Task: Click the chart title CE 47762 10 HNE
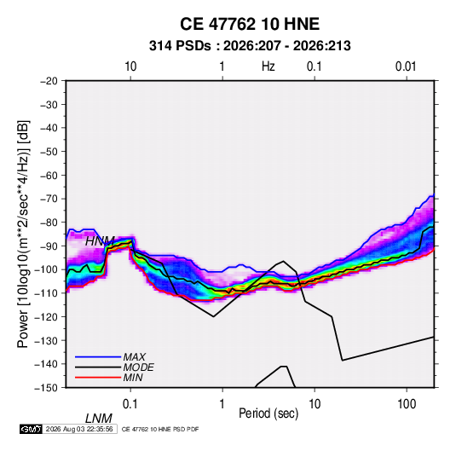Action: (250, 24)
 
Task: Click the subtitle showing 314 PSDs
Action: (250, 46)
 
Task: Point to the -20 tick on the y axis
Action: (49, 81)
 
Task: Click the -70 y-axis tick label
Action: (49, 199)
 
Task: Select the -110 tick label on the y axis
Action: (46, 293)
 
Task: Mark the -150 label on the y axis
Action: (46, 388)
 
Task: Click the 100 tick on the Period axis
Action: (407, 404)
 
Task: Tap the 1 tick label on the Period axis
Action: (222, 404)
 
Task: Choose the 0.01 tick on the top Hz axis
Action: (406, 66)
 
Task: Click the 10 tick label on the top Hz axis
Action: (130, 66)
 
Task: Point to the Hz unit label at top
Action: (268, 66)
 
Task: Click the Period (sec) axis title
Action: (268, 413)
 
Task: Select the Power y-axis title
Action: (23, 234)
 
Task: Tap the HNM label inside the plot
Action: (100, 241)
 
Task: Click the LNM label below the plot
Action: (99, 419)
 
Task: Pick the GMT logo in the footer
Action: (32, 429)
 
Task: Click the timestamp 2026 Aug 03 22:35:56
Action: (79, 429)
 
